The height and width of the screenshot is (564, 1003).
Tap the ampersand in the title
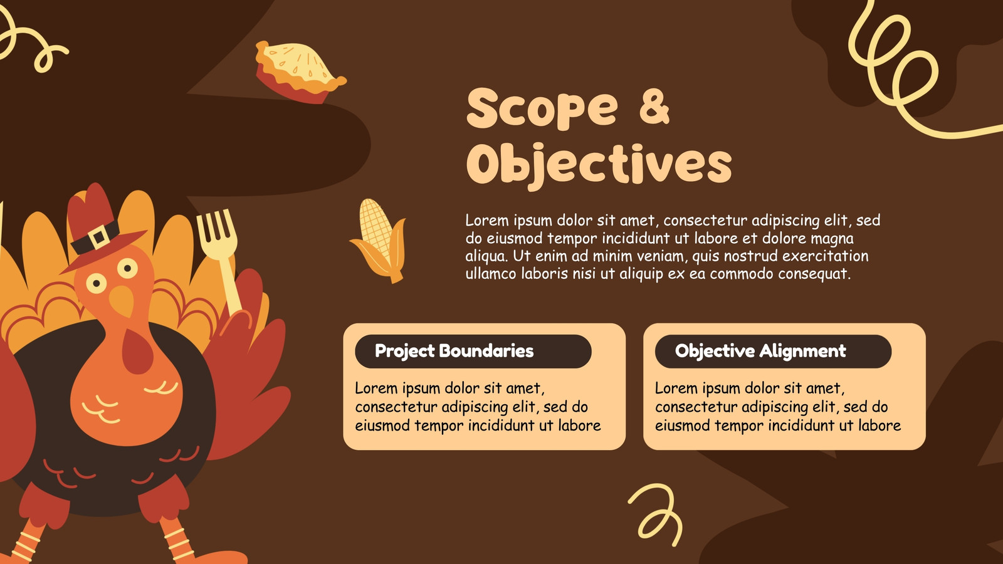(x=654, y=107)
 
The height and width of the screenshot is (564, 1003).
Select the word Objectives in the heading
(x=599, y=165)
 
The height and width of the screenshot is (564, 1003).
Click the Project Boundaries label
(x=454, y=352)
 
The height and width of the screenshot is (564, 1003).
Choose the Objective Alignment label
(x=760, y=352)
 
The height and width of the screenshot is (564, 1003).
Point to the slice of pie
(x=300, y=71)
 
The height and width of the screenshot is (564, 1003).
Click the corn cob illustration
(x=380, y=241)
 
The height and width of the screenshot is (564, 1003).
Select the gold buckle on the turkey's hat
(x=98, y=237)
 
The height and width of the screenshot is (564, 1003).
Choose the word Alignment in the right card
(x=802, y=352)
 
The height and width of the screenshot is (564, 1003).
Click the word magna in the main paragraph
(x=832, y=239)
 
